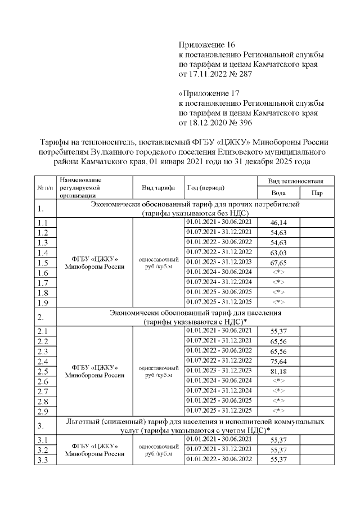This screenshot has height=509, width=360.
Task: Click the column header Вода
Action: (278, 193)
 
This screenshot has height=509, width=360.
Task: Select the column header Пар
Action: (317, 193)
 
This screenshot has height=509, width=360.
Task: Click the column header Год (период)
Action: (206, 187)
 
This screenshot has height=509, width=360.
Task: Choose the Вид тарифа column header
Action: (155, 187)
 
